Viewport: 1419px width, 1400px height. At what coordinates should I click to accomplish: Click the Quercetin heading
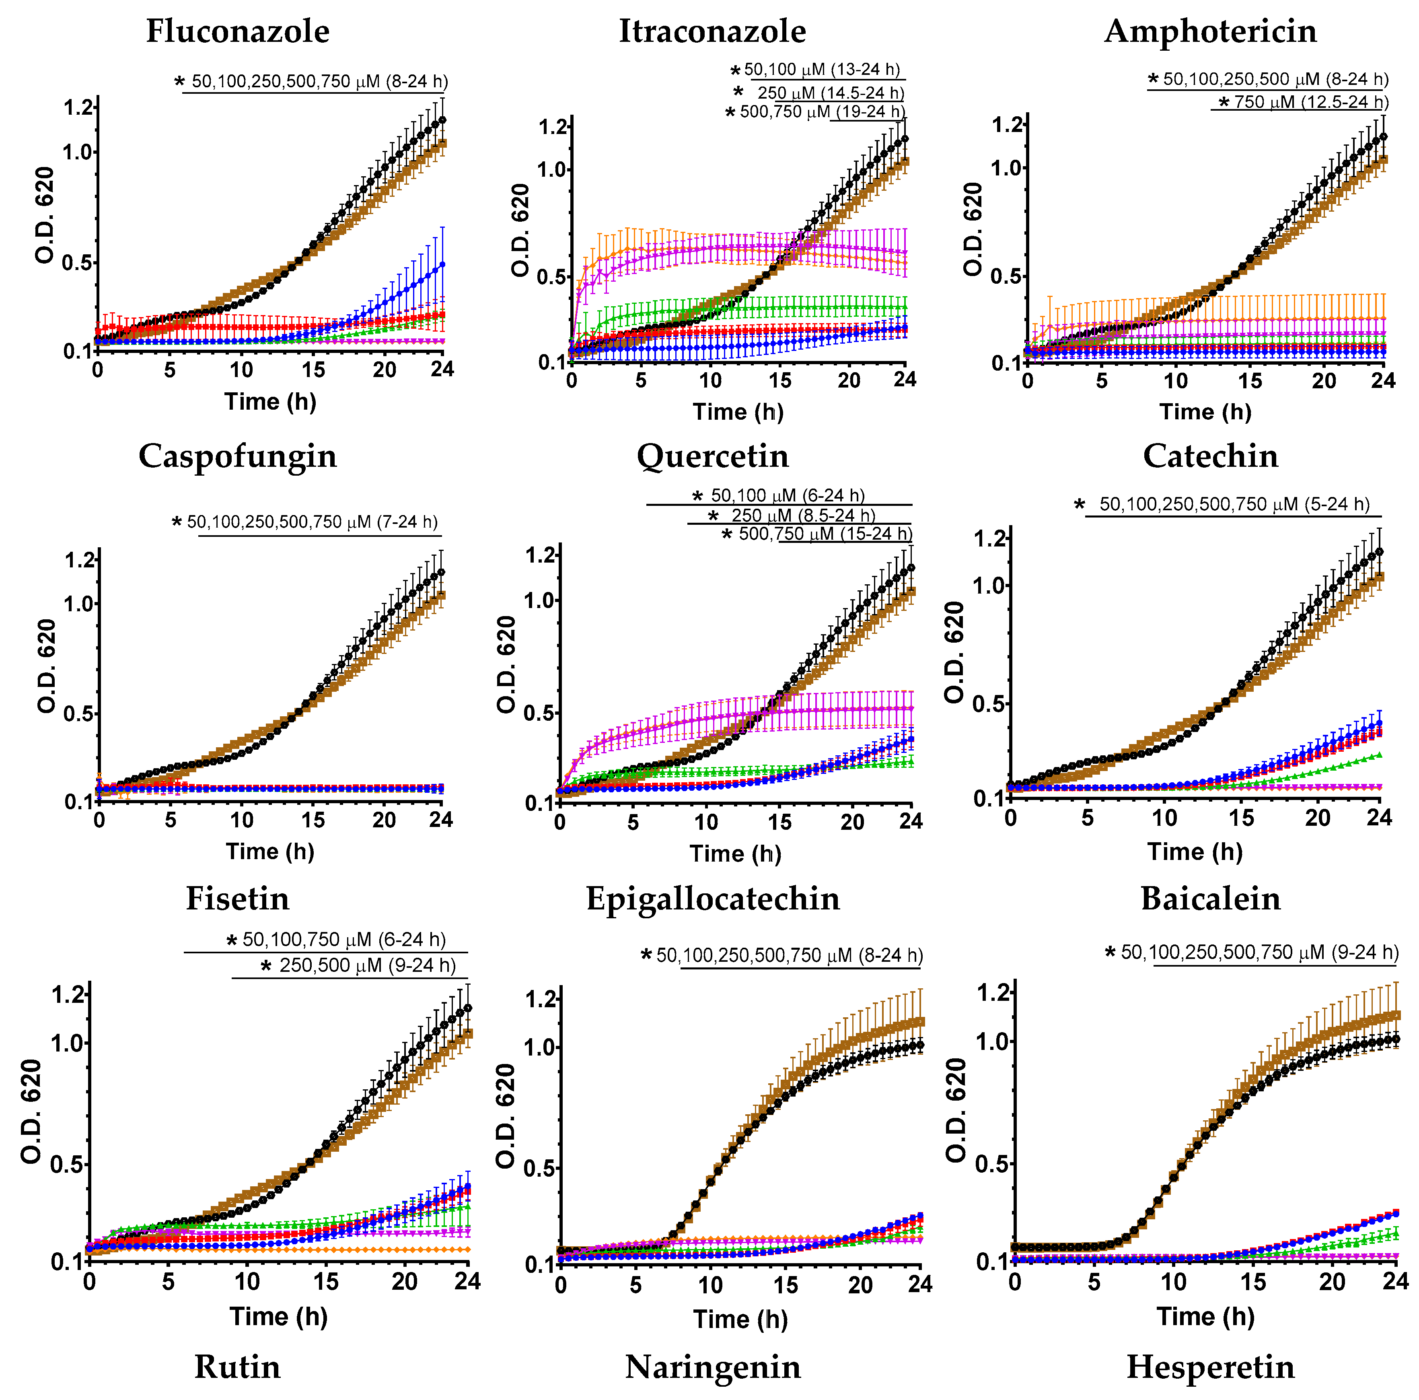click(712, 456)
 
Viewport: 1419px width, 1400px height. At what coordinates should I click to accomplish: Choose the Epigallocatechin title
click(712, 899)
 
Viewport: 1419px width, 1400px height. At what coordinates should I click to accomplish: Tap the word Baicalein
click(1210, 899)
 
